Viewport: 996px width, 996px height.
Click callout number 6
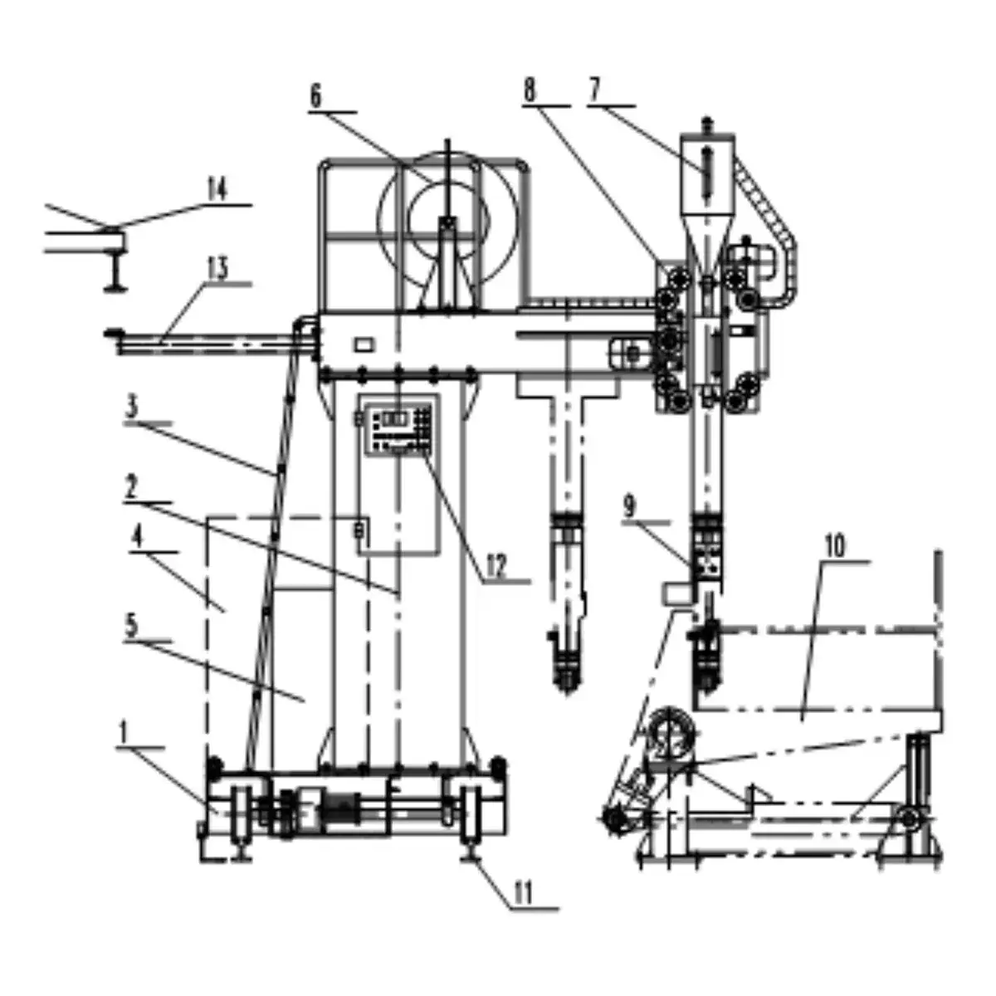pos(315,96)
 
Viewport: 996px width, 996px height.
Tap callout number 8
pos(530,91)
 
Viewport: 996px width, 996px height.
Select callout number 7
pos(595,90)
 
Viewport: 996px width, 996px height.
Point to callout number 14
pos(217,190)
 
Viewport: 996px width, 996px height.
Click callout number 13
pos(217,269)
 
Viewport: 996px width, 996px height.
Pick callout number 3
pos(132,407)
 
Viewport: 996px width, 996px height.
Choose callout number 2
pos(131,486)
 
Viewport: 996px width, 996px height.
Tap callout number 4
pos(137,537)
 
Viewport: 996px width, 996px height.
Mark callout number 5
pos(132,626)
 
